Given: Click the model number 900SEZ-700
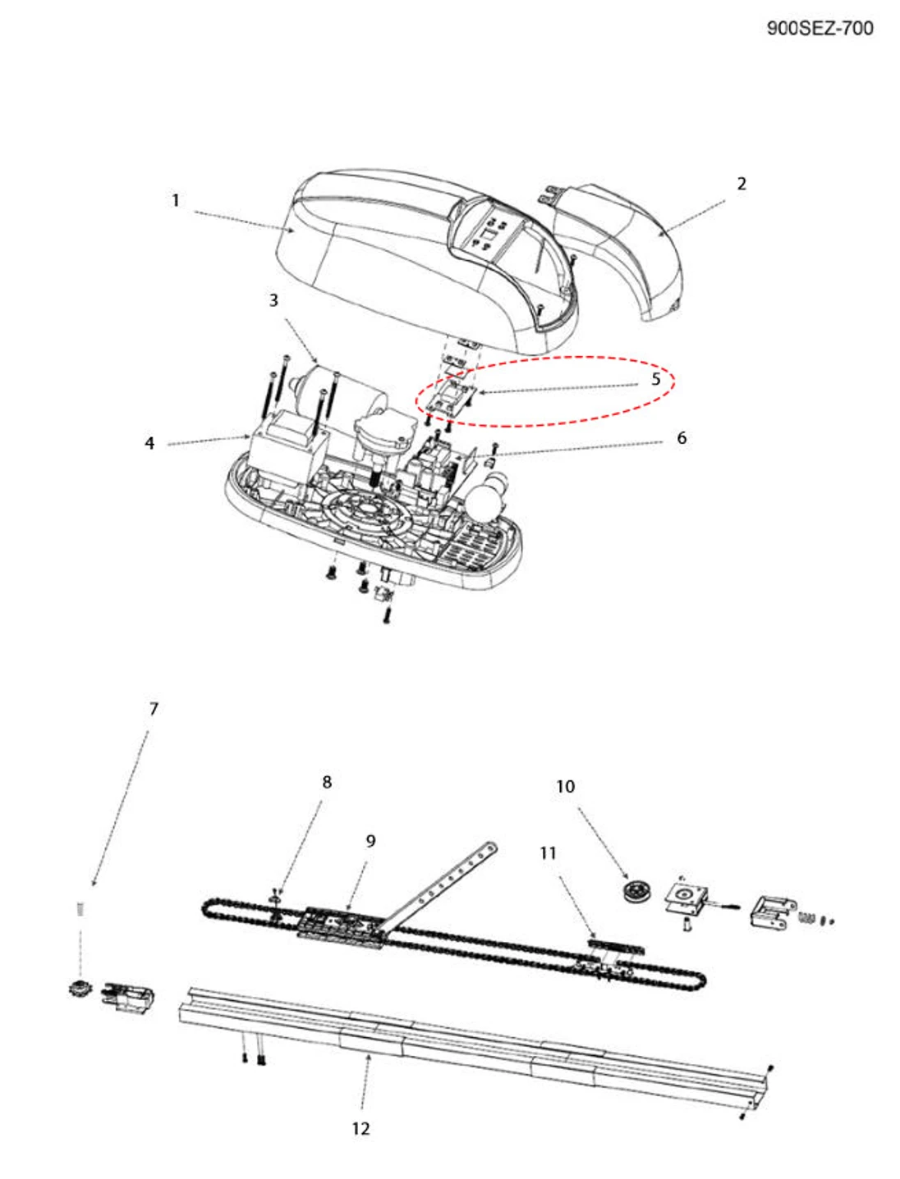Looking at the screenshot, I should pos(820,28).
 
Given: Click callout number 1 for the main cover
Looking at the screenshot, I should pos(175,200).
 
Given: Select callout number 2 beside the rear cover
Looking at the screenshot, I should pos(742,184).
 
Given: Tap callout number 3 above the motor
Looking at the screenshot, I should pos(273,300).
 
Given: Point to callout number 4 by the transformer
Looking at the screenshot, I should pos(149,443).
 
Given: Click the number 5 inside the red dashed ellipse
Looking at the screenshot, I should pos(655,379).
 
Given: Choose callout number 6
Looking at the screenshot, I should pos(682,438).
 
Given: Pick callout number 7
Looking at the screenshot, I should pos(154,709).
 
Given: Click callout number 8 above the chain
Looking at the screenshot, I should pos(327,782).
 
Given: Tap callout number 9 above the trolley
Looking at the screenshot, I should pos(370,841).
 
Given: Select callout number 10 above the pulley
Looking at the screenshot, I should pos(566,786).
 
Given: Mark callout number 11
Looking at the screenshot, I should pos(549,853).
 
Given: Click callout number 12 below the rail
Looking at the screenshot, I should pos(360,1129).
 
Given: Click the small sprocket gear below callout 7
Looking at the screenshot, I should pos(79,988).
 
